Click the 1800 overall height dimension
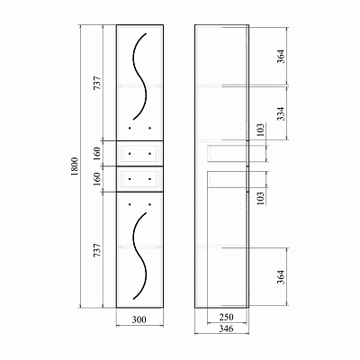coord(75,166)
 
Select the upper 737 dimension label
coord(97,83)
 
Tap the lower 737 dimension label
coord(97,250)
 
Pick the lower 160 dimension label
coord(97,179)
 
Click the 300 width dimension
coord(139,319)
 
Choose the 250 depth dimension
coord(226,317)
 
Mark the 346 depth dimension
coord(226,328)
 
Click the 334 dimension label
coord(281,113)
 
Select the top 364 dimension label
coord(281,56)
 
